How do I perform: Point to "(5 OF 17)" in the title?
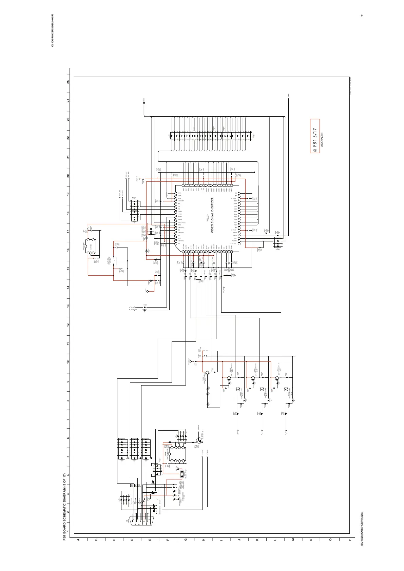65,481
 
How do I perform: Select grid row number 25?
68,82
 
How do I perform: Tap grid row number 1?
68,531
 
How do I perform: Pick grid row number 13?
68,306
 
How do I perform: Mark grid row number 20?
68,176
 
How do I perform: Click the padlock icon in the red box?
315,150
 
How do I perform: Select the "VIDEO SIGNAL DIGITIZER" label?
213,215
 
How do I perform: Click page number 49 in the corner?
362,16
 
